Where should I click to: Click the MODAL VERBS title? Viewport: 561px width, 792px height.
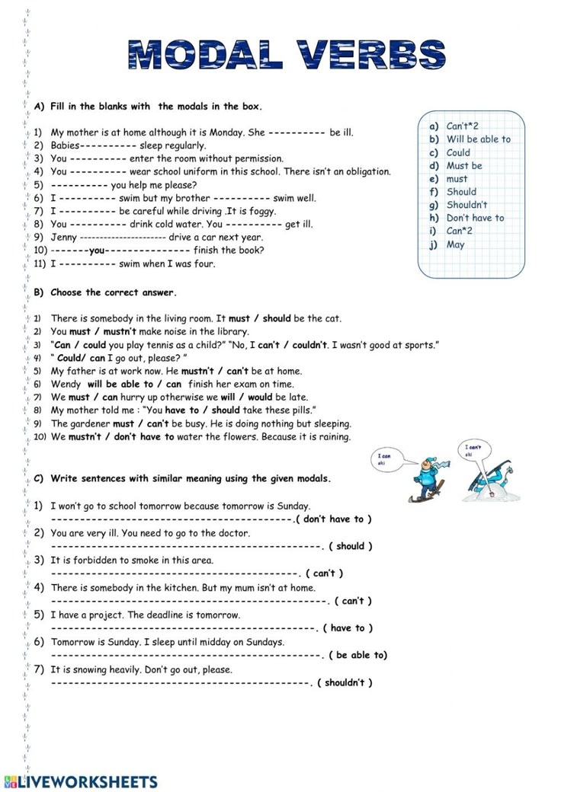coord(287,56)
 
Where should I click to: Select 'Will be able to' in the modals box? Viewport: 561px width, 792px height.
coord(478,139)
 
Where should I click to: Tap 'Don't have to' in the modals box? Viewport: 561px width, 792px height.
coord(475,218)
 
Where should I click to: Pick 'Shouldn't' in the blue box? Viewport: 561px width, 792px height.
coord(466,205)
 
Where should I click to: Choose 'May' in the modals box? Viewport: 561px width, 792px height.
coord(455,244)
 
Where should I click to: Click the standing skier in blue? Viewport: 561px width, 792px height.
coord(423,479)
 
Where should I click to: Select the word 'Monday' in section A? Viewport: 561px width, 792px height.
coord(226,133)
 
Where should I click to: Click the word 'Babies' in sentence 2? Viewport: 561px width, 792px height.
coord(65,145)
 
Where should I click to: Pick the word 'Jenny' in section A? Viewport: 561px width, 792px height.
coord(63,238)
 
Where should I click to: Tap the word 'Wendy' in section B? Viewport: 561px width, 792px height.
coord(66,385)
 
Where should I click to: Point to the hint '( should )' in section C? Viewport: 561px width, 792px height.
coord(350,546)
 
